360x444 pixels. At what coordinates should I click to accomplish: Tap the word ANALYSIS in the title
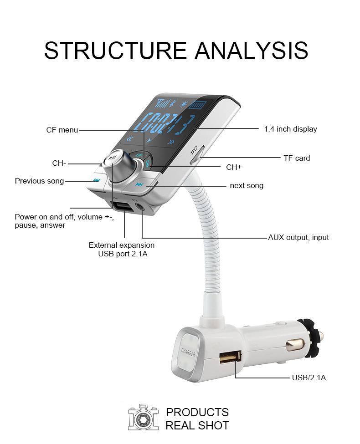pyautogui.click(x=252, y=51)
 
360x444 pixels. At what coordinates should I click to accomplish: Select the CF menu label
pyautogui.click(x=62, y=130)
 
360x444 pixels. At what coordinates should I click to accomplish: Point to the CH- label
pyautogui.click(x=59, y=163)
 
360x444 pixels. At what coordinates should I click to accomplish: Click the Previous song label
pyautogui.click(x=39, y=181)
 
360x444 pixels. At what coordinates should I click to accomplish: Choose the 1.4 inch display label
pyautogui.click(x=290, y=129)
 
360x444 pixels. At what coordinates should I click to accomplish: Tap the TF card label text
pyautogui.click(x=296, y=158)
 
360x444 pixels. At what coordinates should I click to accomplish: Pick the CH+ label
pyautogui.click(x=234, y=167)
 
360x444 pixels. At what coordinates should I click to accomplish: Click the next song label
pyautogui.click(x=247, y=186)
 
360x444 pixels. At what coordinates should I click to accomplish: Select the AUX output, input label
pyautogui.click(x=298, y=237)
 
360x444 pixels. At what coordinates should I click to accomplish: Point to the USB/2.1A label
pyautogui.click(x=309, y=378)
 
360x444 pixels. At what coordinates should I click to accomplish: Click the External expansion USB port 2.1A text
pyautogui.click(x=122, y=250)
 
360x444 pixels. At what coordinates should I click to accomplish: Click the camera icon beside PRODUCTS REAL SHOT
pyautogui.click(x=144, y=418)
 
